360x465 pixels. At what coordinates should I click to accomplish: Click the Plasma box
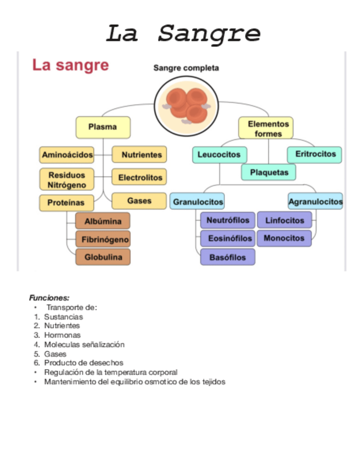pyautogui.click(x=103, y=127)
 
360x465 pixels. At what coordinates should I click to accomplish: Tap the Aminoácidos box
pyautogui.click(x=67, y=155)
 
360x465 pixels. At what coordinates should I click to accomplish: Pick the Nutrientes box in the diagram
pyautogui.click(x=140, y=155)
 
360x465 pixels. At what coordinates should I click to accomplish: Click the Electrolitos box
pyautogui.click(x=139, y=178)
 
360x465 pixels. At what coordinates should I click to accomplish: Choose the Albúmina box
pyautogui.click(x=103, y=221)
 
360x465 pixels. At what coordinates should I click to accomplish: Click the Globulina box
pyautogui.click(x=103, y=257)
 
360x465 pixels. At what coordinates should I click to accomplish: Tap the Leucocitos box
pyautogui.click(x=219, y=155)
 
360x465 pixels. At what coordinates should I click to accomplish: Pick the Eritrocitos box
pyautogui.click(x=314, y=155)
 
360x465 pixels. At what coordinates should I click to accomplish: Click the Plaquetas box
pyautogui.click(x=268, y=172)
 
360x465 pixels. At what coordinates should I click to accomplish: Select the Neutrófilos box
pyautogui.click(x=227, y=220)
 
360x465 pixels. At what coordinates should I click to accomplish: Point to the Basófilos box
pyautogui.click(x=227, y=257)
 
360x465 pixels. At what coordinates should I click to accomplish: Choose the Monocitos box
pyautogui.click(x=284, y=239)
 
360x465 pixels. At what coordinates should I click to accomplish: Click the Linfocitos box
pyautogui.click(x=284, y=220)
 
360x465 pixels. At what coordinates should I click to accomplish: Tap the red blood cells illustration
pyautogui.click(x=186, y=104)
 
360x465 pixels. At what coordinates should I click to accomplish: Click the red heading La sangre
pyautogui.click(x=70, y=65)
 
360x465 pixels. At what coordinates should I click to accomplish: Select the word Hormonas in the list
pyautogui.click(x=62, y=335)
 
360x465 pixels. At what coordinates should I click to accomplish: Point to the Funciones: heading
pyautogui.click(x=49, y=298)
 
